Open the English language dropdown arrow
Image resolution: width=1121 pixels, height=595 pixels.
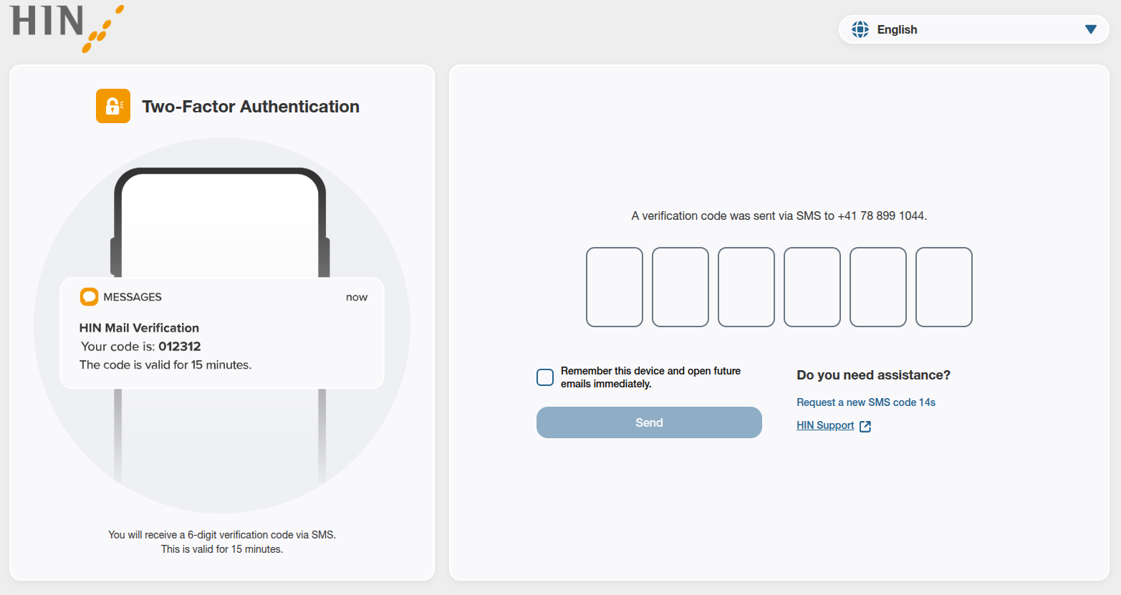click(1090, 29)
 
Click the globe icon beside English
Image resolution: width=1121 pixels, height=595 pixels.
click(860, 29)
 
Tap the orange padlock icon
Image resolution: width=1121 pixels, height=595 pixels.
click(113, 106)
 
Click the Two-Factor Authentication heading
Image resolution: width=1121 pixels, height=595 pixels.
click(251, 107)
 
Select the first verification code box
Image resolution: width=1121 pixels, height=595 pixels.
click(614, 287)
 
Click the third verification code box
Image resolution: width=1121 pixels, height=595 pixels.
click(746, 287)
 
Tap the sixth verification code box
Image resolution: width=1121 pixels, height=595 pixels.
click(943, 287)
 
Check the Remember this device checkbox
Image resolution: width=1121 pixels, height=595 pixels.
click(545, 377)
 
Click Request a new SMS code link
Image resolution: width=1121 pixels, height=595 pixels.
click(865, 402)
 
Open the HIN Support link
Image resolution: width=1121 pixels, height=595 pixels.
click(825, 425)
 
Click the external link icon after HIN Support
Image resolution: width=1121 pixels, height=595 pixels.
click(865, 426)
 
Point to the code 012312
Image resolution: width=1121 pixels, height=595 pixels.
click(179, 347)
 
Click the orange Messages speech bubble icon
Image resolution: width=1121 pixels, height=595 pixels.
click(89, 296)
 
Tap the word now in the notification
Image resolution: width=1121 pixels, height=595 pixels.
click(357, 297)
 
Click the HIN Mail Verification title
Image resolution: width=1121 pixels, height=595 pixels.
click(139, 328)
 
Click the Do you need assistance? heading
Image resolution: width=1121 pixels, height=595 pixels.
click(873, 375)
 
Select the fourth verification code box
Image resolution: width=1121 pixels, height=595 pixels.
click(812, 287)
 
